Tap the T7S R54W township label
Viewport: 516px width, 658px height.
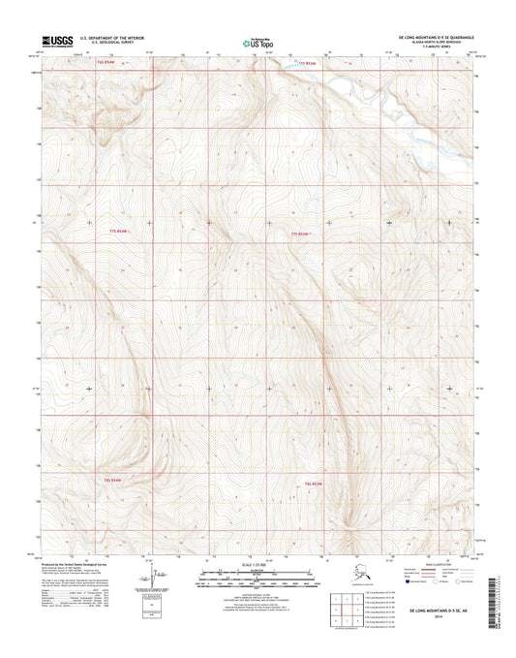118,233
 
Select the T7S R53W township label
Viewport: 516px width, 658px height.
305,234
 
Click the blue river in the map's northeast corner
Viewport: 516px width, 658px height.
368,93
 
